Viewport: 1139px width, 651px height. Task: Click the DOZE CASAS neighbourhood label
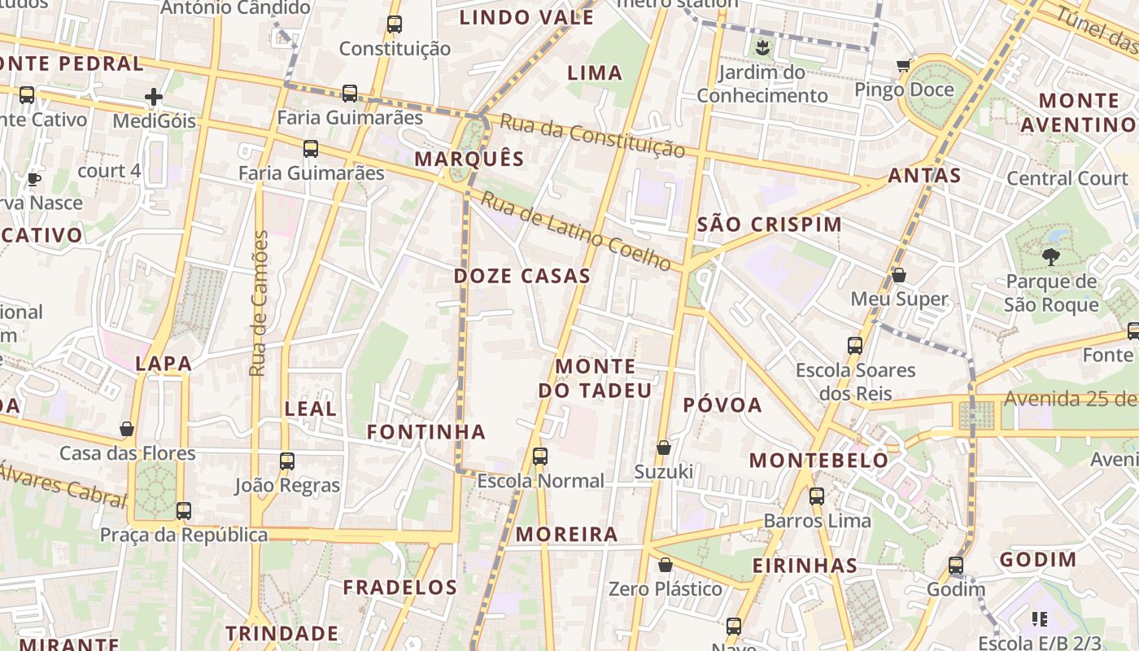click(x=521, y=276)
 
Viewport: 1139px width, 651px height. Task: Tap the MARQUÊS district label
click(x=469, y=159)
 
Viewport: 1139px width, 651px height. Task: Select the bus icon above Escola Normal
click(x=540, y=457)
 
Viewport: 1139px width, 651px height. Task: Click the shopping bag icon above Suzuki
click(x=664, y=448)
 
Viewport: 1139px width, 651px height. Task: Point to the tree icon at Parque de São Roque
click(x=1050, y=257)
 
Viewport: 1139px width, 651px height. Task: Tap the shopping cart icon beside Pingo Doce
click(x=903, y=65)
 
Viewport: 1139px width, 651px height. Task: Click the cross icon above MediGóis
click(x=154, y=98)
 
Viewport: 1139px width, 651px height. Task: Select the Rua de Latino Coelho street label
click(x=575, y=231)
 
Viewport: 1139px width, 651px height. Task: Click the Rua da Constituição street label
click(x=592, y=135)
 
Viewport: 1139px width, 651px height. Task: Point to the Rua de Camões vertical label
click(x=259, y=304)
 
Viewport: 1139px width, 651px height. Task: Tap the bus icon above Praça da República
click(x=184, y=511)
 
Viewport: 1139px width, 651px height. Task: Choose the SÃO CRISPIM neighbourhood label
click(x=770, y=225)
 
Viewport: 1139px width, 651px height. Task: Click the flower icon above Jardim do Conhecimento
click(x=762, y=47)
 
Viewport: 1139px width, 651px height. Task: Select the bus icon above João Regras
click(x=286, y=461)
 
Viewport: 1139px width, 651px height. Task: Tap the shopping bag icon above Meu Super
click(x=899, y=275)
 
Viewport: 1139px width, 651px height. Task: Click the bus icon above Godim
click(x=956, y=565)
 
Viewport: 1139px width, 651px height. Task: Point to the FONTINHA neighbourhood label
click(x=425, y=432)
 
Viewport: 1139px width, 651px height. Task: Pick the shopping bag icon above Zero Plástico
click(x=666, y=565)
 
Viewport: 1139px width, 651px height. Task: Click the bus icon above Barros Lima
click(x=817, y=496)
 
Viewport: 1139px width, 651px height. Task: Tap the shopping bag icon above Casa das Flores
click(x=127, y=429)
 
